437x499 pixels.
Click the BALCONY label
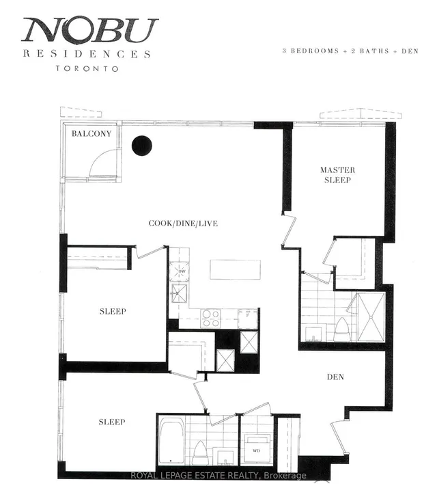(x=91, y=134)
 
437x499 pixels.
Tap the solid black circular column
(x=142, y=146)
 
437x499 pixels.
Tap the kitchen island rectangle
(x=234, y=269)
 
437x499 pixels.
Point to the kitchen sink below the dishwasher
(x=182, y=295)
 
